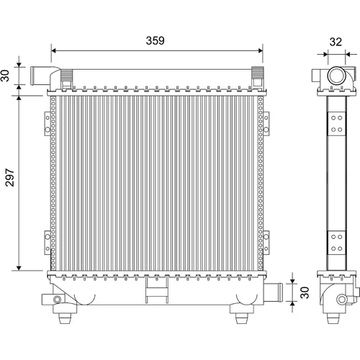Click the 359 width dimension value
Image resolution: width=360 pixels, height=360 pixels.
coord(156,40)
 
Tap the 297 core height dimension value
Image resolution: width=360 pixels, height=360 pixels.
coord(10,177)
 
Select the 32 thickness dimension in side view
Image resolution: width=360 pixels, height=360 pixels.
coord(336,42)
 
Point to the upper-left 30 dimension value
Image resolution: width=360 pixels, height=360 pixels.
coord(5,76)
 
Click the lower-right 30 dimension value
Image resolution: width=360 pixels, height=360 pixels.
coord(305,292)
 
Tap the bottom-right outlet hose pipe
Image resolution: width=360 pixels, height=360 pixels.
coord(274,292)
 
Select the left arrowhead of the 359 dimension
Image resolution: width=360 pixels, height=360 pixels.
coord(54,50)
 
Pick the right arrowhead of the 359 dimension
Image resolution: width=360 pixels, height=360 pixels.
coord(260,50)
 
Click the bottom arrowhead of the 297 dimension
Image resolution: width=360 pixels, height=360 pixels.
coord(19,268)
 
